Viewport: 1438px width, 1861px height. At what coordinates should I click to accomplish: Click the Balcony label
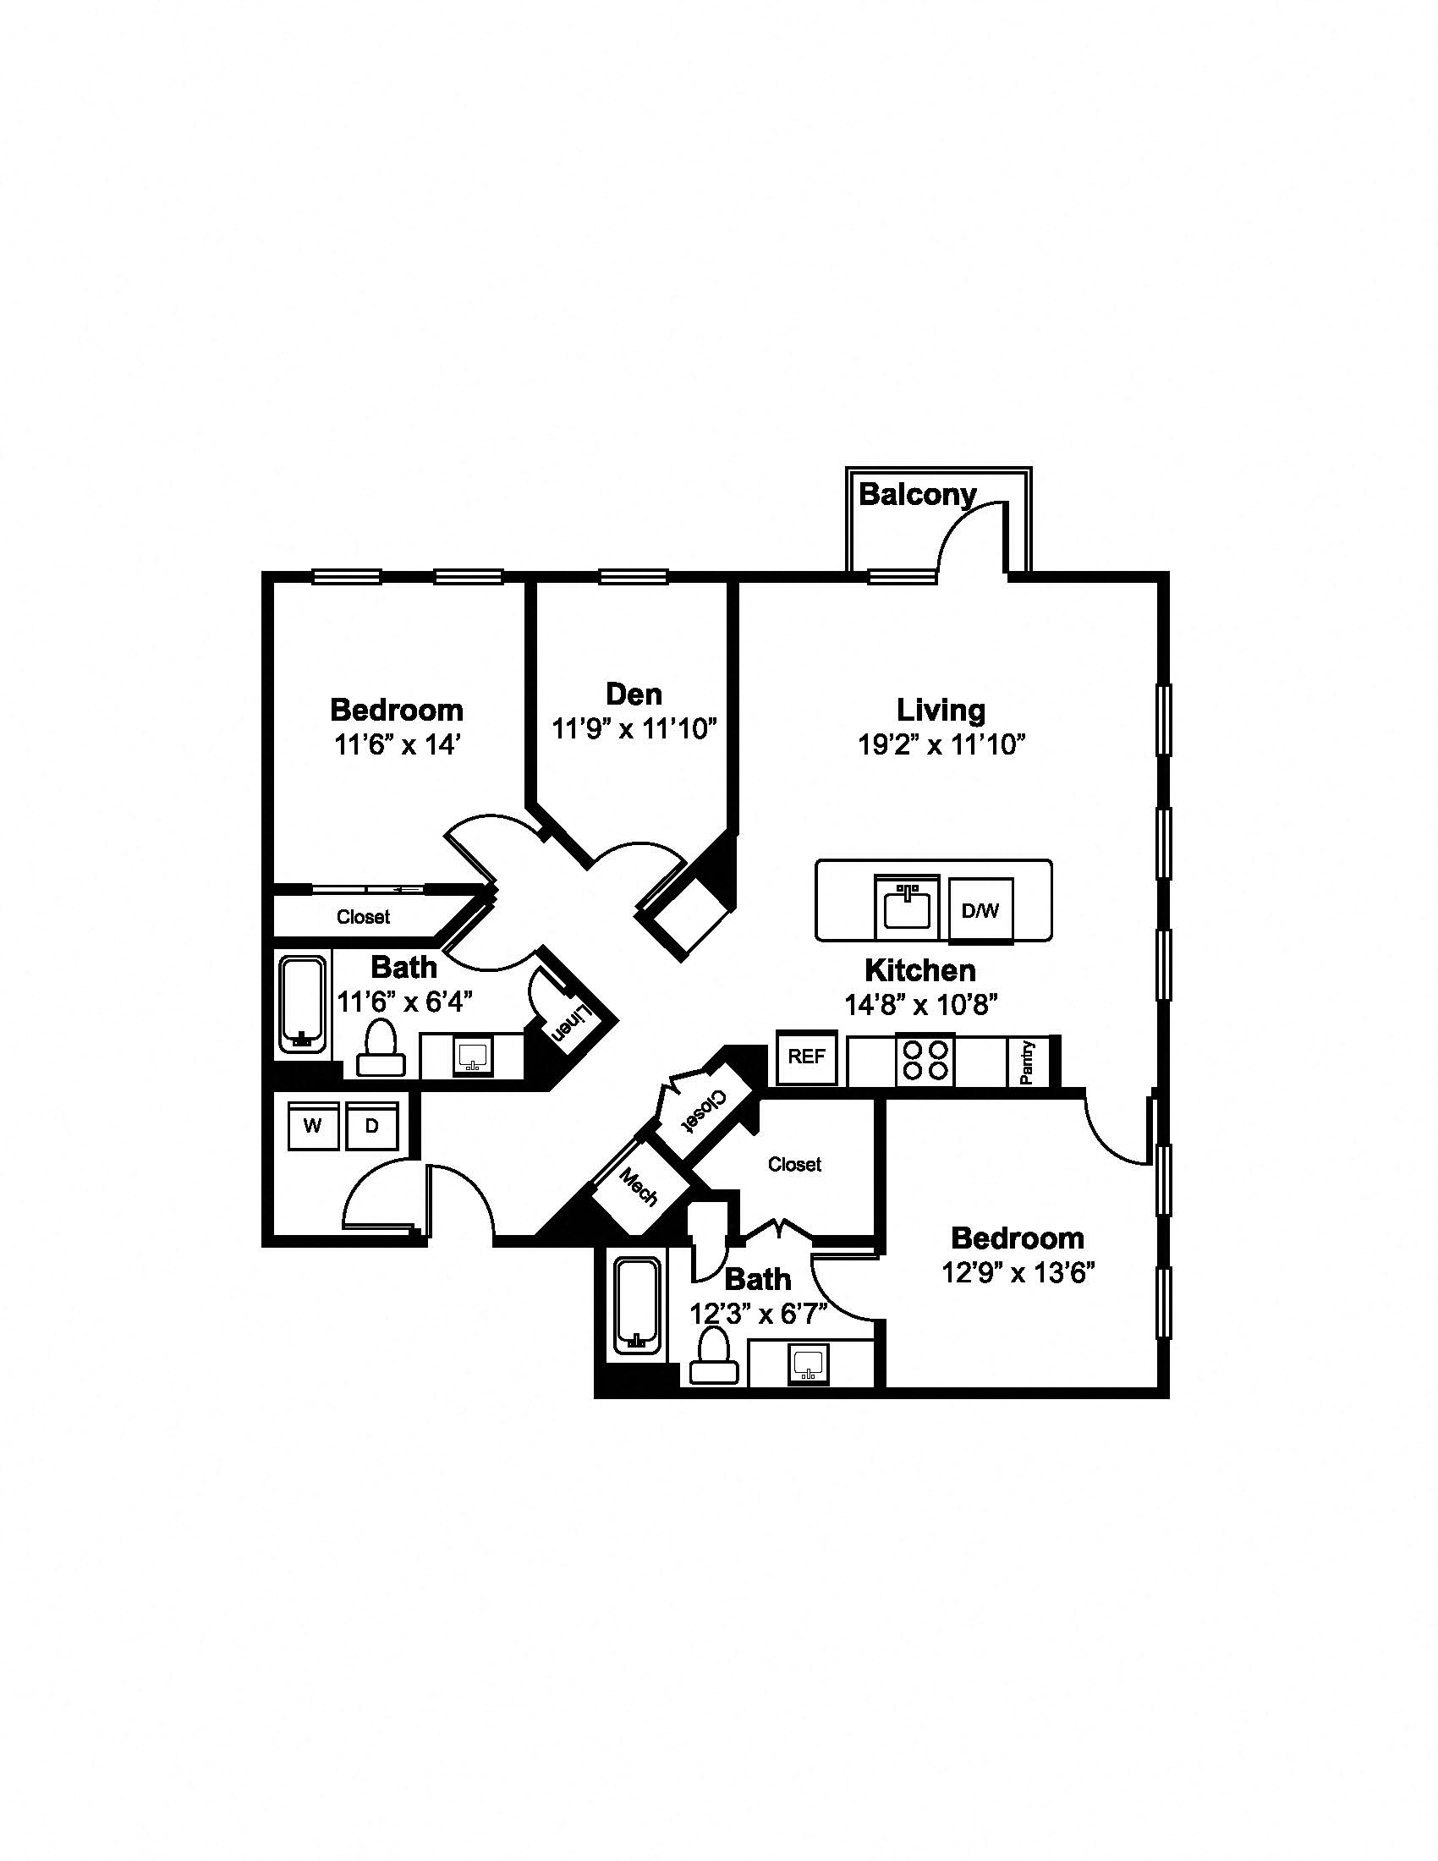[x=918, y=494]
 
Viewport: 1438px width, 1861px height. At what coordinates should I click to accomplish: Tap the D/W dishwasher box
[x=980, y=910]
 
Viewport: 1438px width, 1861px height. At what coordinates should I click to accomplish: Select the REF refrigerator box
[x=807, y=1057]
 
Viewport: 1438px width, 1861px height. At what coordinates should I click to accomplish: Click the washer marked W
[x=313, y=1126]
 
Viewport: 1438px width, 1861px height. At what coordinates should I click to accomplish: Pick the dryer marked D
[x=372, y=1126]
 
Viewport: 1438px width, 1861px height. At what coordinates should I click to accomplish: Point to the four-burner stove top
[x=925, y=1060]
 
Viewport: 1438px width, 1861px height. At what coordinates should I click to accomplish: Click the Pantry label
[x=1028, y=1062]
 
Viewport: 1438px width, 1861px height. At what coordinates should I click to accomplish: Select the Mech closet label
[x=639, y=1187]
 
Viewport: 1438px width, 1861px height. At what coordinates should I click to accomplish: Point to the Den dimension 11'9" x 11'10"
[x=634, y=729]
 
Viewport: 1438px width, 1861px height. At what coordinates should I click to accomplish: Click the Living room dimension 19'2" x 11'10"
[x=941, y=744]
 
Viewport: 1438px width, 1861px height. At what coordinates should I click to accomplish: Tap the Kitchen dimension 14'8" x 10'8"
[x=921, y=1005]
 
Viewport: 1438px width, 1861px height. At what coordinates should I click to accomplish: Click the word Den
[x=634, y=694]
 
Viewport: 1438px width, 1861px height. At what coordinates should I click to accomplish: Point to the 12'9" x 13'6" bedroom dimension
[x=1018, y=1273]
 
